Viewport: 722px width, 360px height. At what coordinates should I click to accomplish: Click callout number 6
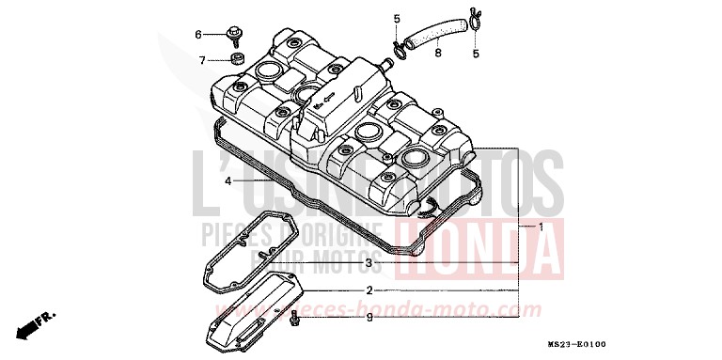(x=198, y=35)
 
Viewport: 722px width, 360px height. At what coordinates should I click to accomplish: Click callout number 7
(x=201, y=60)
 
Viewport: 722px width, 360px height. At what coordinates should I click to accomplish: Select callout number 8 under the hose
(x=437, y=55)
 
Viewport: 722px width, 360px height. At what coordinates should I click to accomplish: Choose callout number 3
(x=369, y=262)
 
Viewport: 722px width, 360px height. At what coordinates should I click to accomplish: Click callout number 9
(x=369, y=318)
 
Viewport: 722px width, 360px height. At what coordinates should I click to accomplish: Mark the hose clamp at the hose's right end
(x=473, y=16)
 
